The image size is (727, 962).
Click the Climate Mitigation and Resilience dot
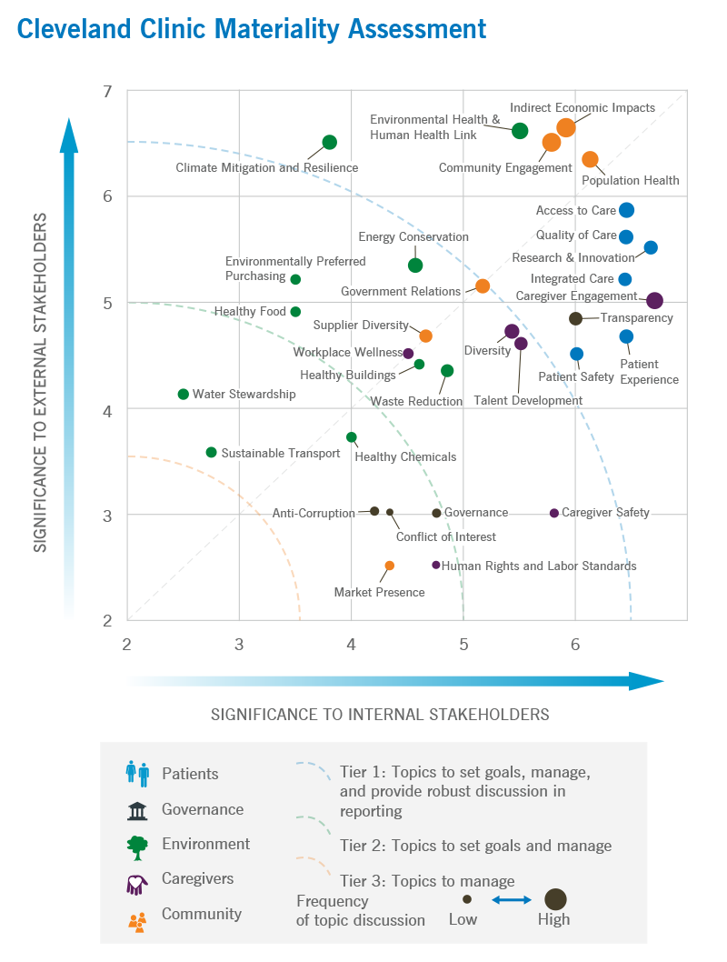tap(330, 142)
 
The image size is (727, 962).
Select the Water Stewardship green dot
tap(184, 394)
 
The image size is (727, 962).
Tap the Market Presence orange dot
tap(390, 566)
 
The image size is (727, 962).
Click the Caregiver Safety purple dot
tap(554, 513)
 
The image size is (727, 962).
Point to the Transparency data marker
tap(575, 318)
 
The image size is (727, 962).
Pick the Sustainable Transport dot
tap(212, 452)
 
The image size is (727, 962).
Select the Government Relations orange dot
tap(483, 286)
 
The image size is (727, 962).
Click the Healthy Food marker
tap(295, 312)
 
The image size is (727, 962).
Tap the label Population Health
tap(631, 180)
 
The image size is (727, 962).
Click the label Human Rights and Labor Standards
tap(539, 566)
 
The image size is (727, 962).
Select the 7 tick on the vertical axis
tap(107, 91)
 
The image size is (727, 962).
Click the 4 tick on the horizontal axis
tap(352, 645)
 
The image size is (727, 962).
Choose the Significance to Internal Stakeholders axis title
tap(380, 714)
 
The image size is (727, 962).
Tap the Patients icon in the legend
tap(137, 774)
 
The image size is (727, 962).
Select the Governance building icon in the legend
tap(137, 809)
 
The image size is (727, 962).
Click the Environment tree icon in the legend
tap(137, 847)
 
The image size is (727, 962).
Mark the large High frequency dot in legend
tap(555, 899)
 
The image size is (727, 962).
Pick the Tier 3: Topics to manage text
tap(427, 880)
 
